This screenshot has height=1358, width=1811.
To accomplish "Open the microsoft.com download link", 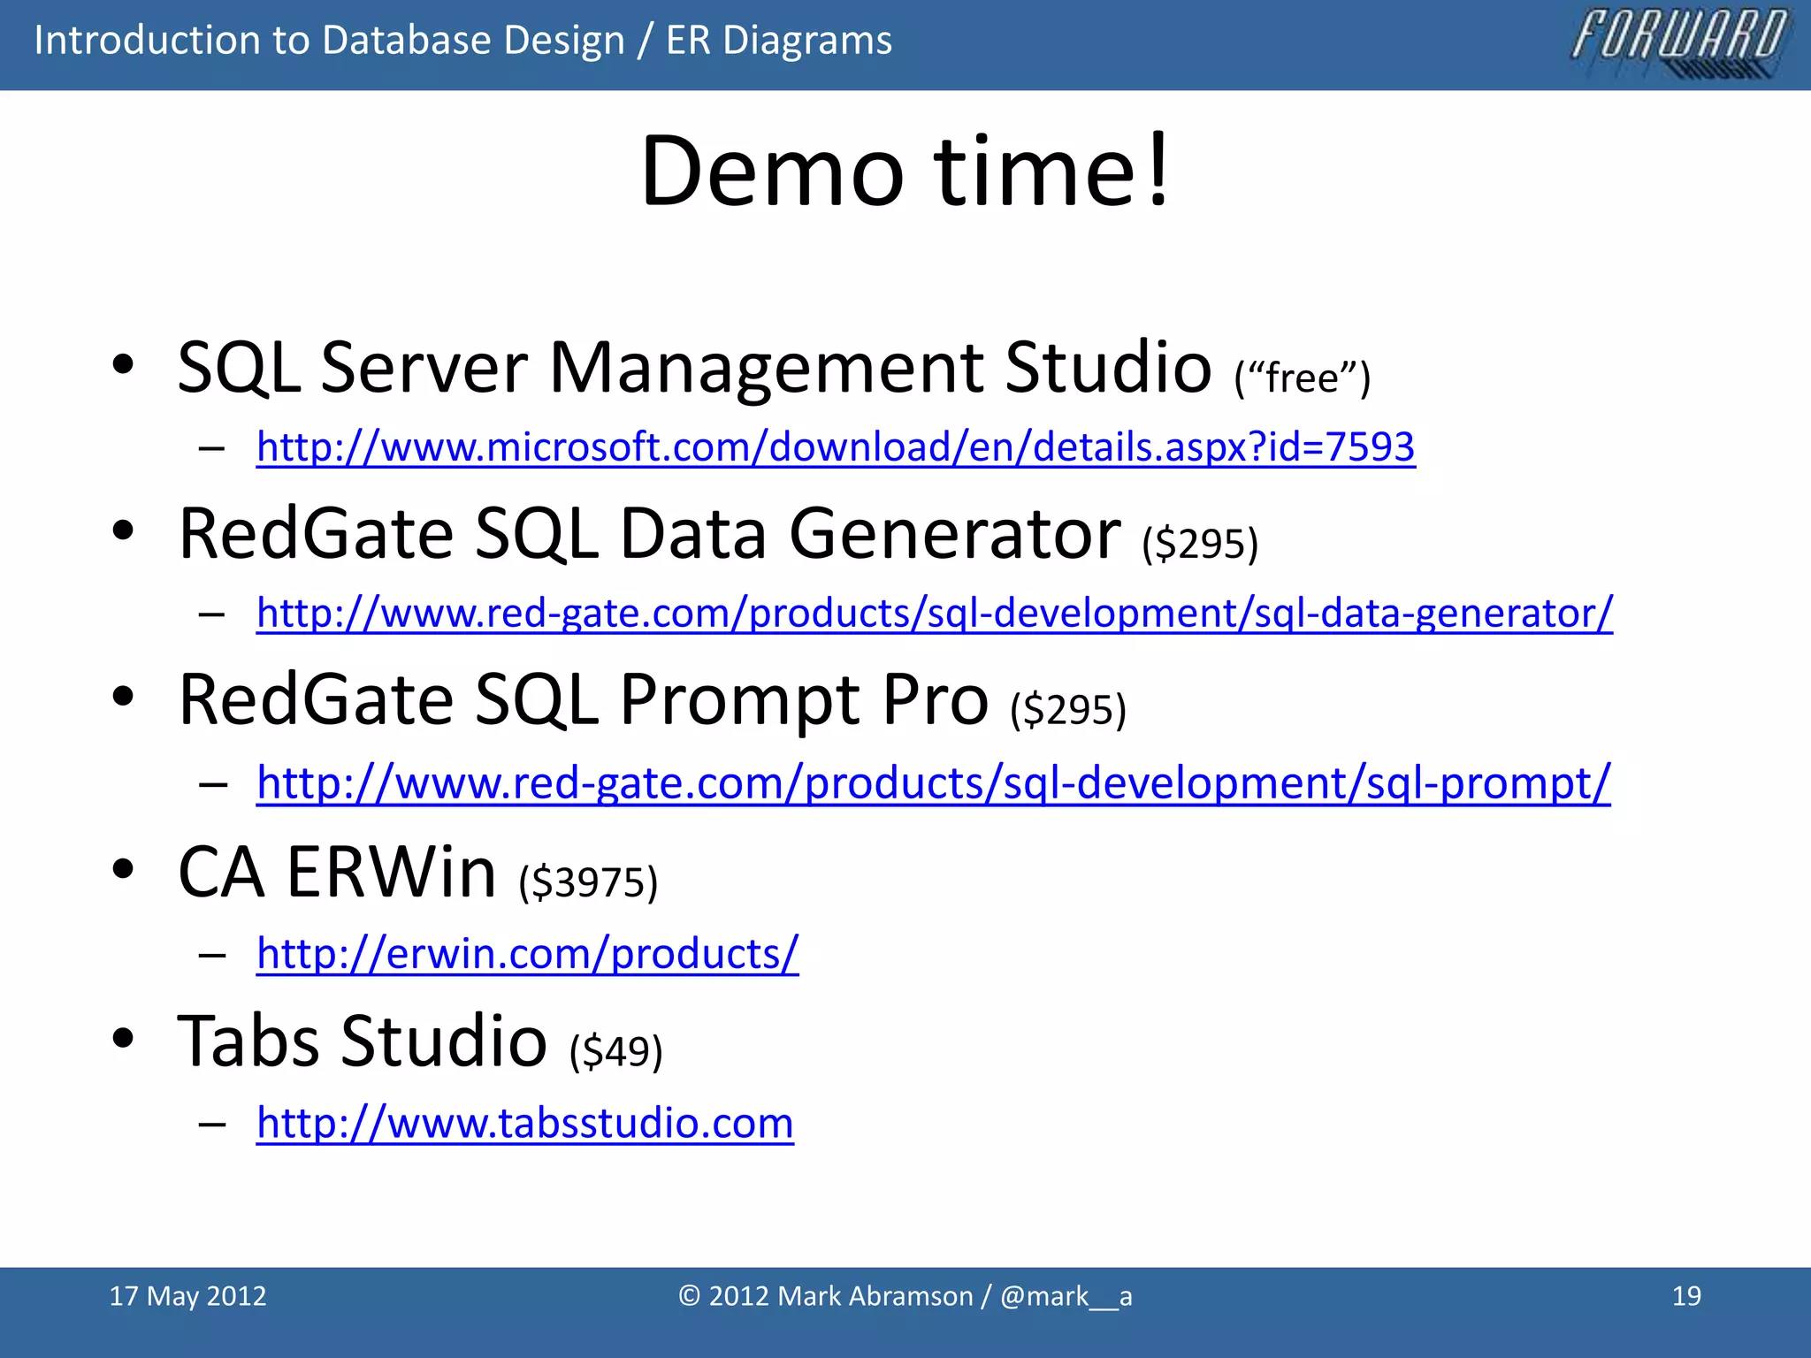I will [835, 447].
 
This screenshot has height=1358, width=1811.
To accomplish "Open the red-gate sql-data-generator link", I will [934, 613].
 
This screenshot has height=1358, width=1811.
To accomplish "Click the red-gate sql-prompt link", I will [933, 782].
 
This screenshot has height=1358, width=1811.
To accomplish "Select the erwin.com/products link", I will [527, 953].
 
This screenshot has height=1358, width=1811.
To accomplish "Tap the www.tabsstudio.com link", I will [524, 1123].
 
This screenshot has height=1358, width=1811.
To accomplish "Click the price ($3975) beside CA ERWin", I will [588, 882].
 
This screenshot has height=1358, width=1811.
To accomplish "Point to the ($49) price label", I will [615, 1051].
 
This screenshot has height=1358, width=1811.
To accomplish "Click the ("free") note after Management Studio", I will [1302, 378].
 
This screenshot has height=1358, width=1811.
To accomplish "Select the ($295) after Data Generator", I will [1199, 544].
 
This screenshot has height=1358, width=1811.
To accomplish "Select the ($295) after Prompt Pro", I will [1068, 710].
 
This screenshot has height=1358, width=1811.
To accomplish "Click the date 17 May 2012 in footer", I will [187, 1296].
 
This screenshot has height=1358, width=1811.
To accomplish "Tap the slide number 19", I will [1686, 1296].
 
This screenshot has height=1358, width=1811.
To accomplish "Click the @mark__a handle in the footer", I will [1066, 1296].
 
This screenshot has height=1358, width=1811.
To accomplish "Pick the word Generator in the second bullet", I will [954, 534].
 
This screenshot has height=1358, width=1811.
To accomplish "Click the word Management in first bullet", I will [766, 368].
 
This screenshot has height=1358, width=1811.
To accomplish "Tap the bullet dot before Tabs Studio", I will [123, 1038].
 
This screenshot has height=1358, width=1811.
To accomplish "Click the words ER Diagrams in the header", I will [778, 41].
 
